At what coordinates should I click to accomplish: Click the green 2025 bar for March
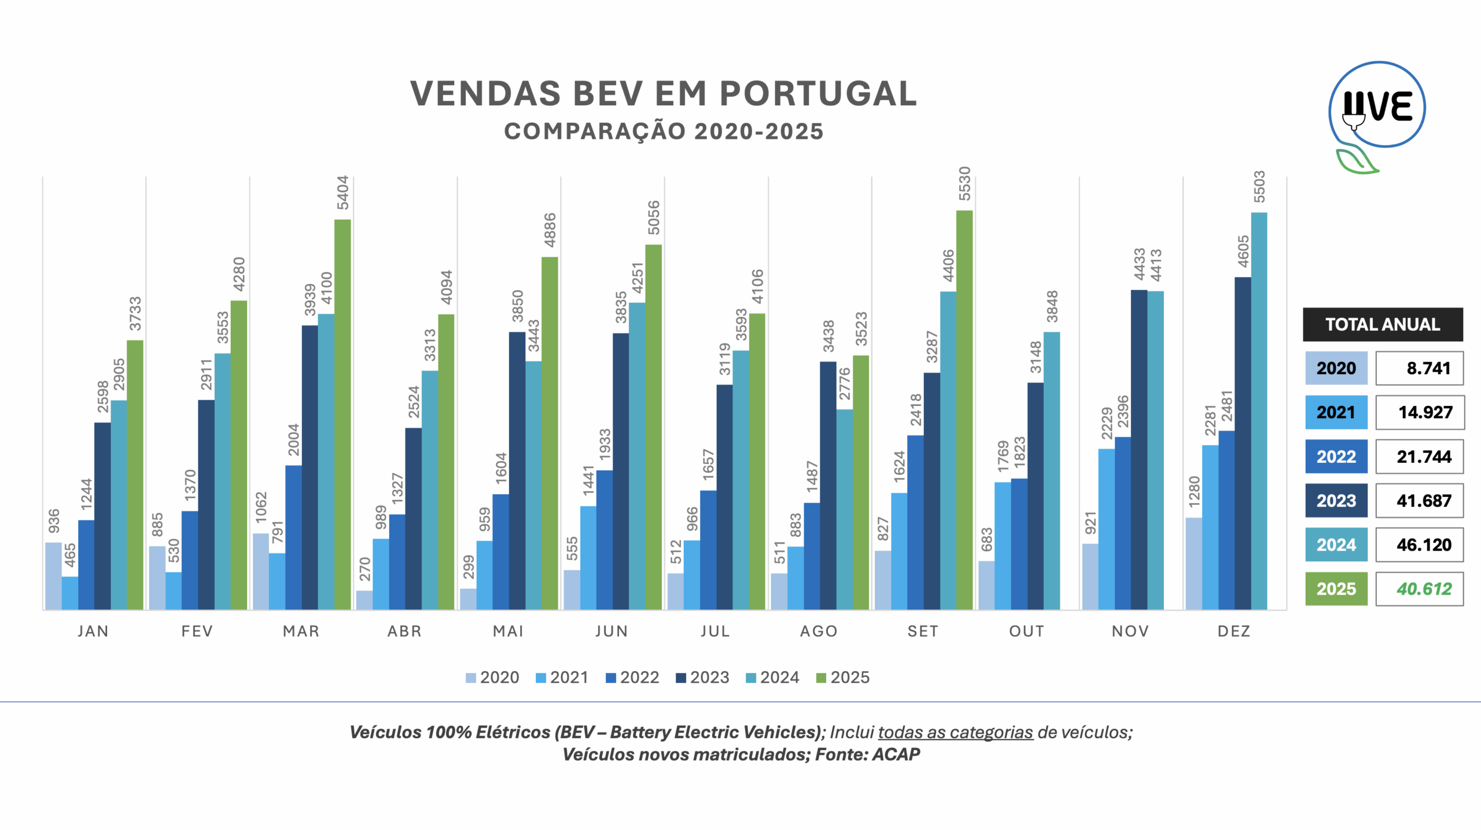(342, 414)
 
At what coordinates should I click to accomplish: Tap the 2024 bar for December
(1259, 411)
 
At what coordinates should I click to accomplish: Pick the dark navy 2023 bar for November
(1139, 449)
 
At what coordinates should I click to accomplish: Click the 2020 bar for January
(53, 576)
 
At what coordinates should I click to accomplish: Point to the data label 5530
(964, 183)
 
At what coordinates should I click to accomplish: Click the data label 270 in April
(364, 569)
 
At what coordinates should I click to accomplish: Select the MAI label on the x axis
(508, 631)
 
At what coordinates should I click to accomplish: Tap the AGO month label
(819, 631)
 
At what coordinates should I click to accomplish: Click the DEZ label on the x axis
(1234, 631)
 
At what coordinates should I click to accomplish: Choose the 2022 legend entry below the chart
(632, 677)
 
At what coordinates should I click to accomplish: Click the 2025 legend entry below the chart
(843, 677)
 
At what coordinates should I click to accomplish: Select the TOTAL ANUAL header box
(1383, 324)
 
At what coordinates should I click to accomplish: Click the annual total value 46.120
(1424, 545)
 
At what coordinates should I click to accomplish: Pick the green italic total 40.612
(1424, 589)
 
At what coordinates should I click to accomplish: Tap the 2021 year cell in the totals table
(1336, 412)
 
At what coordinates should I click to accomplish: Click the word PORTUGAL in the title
(818, 94)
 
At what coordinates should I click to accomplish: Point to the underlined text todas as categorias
(955, 732)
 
